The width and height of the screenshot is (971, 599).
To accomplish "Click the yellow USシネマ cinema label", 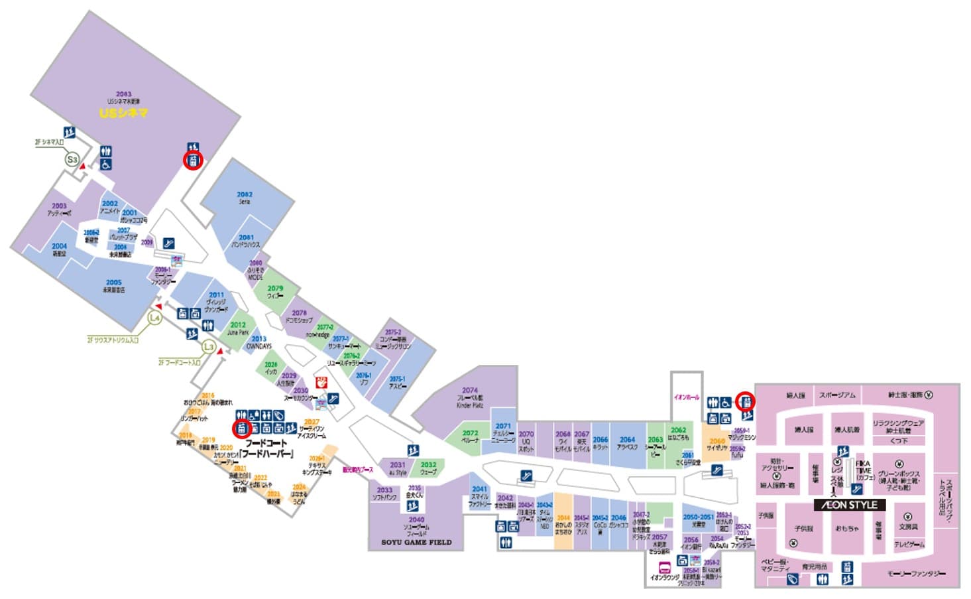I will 123,113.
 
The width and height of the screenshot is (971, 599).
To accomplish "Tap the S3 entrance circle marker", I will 72,159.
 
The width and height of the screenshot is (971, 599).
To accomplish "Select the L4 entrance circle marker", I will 154,318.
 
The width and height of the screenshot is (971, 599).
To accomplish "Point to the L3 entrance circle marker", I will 209,346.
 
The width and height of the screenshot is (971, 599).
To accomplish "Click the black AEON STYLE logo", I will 850,505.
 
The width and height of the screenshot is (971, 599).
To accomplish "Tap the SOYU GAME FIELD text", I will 416,543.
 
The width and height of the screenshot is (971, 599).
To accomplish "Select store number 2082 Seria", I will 245,195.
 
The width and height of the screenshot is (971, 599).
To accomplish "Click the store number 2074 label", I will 470,391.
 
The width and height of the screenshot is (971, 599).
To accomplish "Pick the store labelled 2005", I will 113,283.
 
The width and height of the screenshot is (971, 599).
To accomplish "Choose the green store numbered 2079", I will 275,289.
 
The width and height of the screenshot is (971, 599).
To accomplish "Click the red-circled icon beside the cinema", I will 193,161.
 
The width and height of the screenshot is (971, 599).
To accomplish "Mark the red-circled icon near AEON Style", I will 746,401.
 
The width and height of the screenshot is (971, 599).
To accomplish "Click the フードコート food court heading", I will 266,443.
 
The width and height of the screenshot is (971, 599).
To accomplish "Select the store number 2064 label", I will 627,439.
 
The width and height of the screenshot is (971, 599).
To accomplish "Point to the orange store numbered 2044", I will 563,518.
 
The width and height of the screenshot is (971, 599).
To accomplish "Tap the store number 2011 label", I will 216,295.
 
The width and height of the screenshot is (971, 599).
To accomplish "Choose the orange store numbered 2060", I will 716,441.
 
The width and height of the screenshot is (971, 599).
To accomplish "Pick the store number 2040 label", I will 416,520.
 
